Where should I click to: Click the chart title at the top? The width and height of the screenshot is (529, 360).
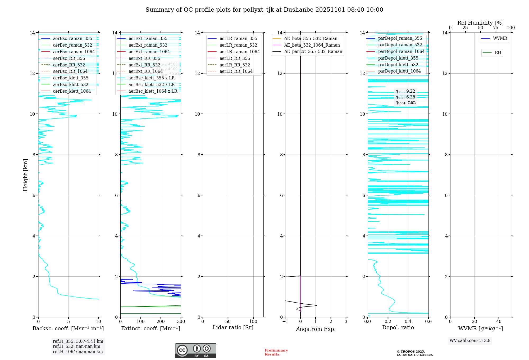[264, 10]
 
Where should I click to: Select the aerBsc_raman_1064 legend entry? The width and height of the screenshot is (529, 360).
[74, 52]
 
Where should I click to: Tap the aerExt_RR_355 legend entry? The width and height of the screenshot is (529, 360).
[144, 58]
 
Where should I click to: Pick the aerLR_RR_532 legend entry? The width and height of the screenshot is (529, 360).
[235, 65]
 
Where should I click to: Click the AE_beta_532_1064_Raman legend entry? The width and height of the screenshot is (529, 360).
[312, 45]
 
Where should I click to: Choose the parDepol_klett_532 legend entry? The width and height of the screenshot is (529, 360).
[398, 65]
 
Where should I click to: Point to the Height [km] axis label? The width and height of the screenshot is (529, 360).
[25, 175]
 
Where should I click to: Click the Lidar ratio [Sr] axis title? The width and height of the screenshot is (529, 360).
[233, 327]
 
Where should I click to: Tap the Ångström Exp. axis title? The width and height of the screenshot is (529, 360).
[316, 329]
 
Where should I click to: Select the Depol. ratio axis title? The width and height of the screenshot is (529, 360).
[398, 327]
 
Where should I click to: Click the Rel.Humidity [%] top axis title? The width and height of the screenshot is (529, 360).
[480, 23]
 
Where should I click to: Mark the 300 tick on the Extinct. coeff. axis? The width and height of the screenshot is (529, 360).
[181, 321]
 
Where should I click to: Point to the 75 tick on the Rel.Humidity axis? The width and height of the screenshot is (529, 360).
[496, 28]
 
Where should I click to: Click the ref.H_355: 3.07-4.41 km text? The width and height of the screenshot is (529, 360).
[78, 341]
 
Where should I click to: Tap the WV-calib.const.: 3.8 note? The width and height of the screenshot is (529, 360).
[470, 341]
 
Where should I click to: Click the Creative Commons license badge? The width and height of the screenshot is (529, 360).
[195, 350]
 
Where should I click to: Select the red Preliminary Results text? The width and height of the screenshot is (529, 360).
[276, 352]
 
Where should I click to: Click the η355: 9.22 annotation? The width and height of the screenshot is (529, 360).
[405, 91]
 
